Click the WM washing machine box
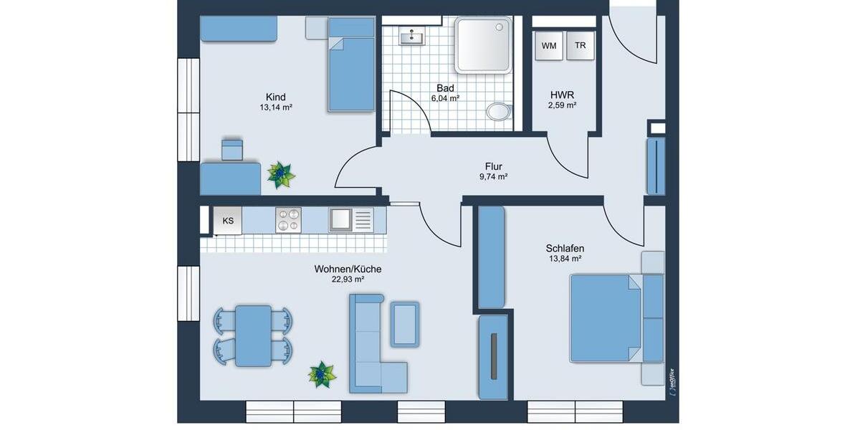pyautogui.click(x=549, y=46)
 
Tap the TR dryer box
pyautogui.click(x=580, y=46)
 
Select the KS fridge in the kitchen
pyautogui.click(x=228, y=221)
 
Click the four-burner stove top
pyautogui.click(x=289, y=220)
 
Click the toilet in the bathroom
pyautogui.click(x=498, y=111)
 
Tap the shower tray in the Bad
pyautogui.click(x=484, y=44)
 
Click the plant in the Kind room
pyautogui.click(x=280, y=175)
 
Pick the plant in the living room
pyautogui.click(x=322, y=374)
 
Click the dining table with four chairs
pyautogui.click(x=253, y=335)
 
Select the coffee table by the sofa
pyautogui.click(x=405, y=323)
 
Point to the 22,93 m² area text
pyautogui.click(x=347, y=280)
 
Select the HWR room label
pyautogui.click(x=563, y=94)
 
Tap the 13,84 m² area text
pyautogui.click(x=564, y=259)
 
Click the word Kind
pyautogui.click(x=276, y=97)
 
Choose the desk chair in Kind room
pyautogui.click(x=232, y=150)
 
